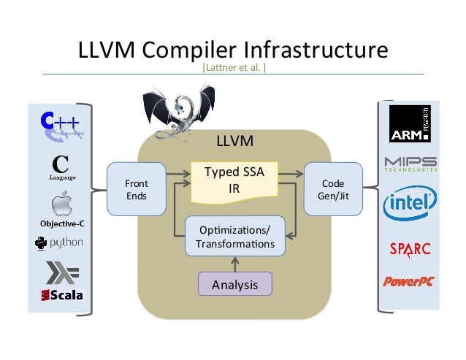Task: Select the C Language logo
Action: [62, 166]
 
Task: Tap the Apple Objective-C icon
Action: [62, 204]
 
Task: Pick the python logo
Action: [61, 242]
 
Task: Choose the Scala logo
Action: [62, 295]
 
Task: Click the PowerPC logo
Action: [409, 280]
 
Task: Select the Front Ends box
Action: [135, 190]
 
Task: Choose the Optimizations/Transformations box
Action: [234, 236]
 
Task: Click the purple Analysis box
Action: [234, 284]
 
